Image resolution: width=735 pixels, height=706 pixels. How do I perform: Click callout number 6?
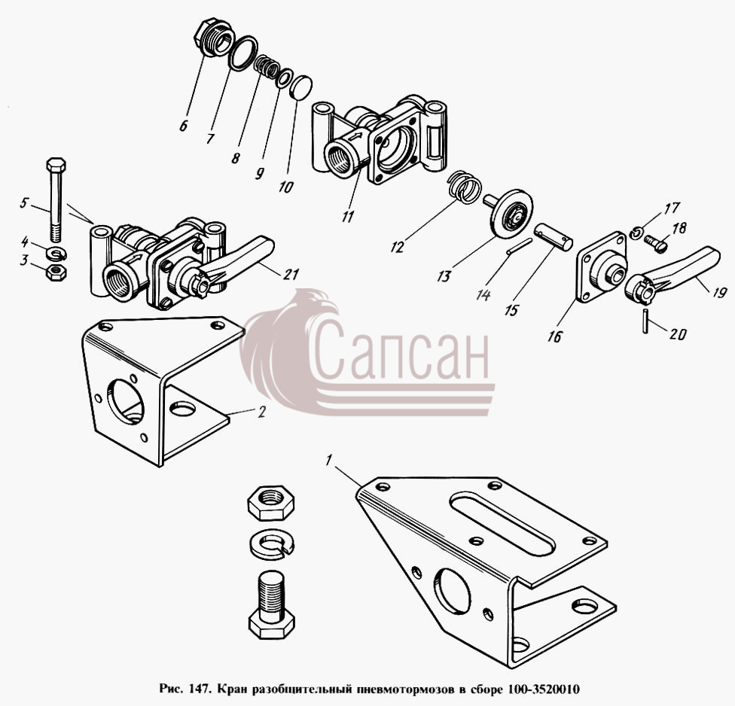(183, 125)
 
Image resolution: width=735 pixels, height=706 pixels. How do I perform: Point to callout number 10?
(285, 187)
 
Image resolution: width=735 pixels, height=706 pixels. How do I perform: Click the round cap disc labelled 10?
(300, 87)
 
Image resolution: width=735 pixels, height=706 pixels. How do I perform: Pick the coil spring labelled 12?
(464, 187)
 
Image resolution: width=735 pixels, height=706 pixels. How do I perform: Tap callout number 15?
(512, 310)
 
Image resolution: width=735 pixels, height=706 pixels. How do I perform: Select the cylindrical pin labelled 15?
(554, 236)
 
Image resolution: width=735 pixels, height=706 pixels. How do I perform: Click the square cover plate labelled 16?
(602, 267)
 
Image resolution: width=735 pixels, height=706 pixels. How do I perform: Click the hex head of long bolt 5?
(56, 165)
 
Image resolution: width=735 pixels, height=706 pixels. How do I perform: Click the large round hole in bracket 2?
(126, 401)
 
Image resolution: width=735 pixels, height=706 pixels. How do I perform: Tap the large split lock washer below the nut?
(272, 543)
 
